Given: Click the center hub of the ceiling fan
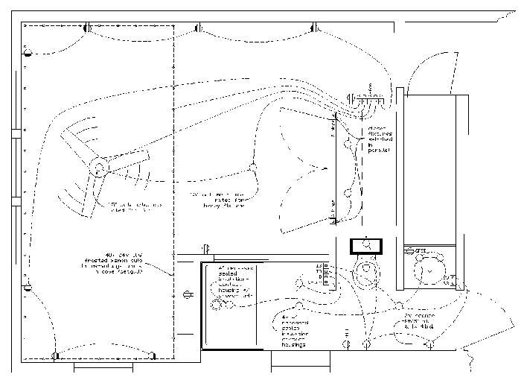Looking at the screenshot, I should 98,168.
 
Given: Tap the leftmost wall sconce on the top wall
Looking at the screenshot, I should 86,28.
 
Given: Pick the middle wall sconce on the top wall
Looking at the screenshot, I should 199,28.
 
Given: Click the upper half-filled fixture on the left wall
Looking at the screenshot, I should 28,51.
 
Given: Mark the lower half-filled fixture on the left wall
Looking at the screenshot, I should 28,287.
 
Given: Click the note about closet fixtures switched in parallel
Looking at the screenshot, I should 379,139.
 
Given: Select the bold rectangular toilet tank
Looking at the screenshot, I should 366,246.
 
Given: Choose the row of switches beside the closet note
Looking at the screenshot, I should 366,96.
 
